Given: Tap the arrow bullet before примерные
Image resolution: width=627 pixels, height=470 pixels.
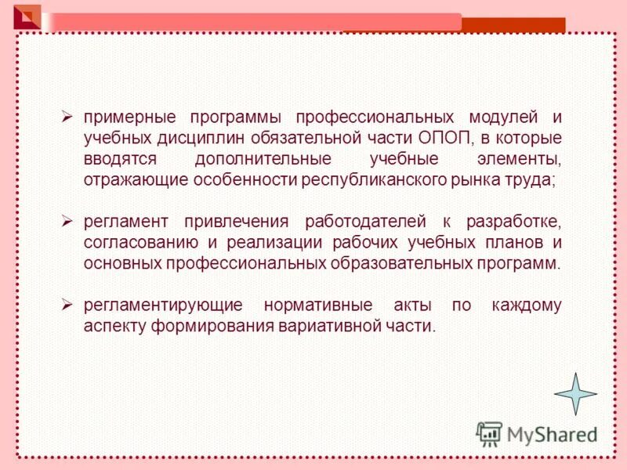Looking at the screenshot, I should [67, 117].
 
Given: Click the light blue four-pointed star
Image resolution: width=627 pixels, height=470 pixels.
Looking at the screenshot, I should [575, 393].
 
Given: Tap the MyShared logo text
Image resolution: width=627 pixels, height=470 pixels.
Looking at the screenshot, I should [550, 434].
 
